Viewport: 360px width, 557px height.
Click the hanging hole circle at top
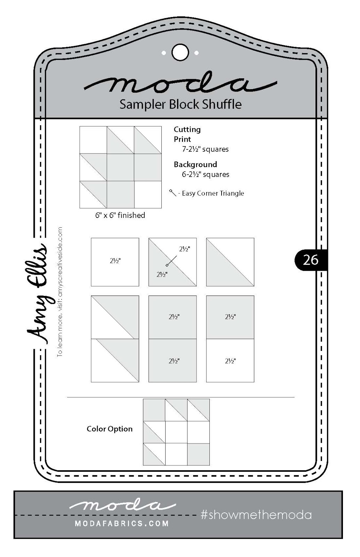[x=180, y=53]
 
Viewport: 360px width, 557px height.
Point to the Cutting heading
[x=187, y=130]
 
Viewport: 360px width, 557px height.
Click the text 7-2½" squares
[x=205, y=149]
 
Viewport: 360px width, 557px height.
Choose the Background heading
[x=195, y=164]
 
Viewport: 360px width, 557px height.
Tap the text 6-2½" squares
[x=206, y=174]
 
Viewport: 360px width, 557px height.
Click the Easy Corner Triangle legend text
[x=213, y=193]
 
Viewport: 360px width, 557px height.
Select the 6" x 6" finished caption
[x=120, y=215]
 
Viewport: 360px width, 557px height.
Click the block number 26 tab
[x=311, y=260]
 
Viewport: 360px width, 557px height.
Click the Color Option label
[x=110, y=429]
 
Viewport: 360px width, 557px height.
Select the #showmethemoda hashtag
[x=256, y=515]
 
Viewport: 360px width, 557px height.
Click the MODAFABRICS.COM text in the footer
[x=122, y=524]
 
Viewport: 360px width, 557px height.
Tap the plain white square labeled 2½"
[x=115, y=262]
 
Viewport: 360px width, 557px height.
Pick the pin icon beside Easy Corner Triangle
[x=173, y=193]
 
